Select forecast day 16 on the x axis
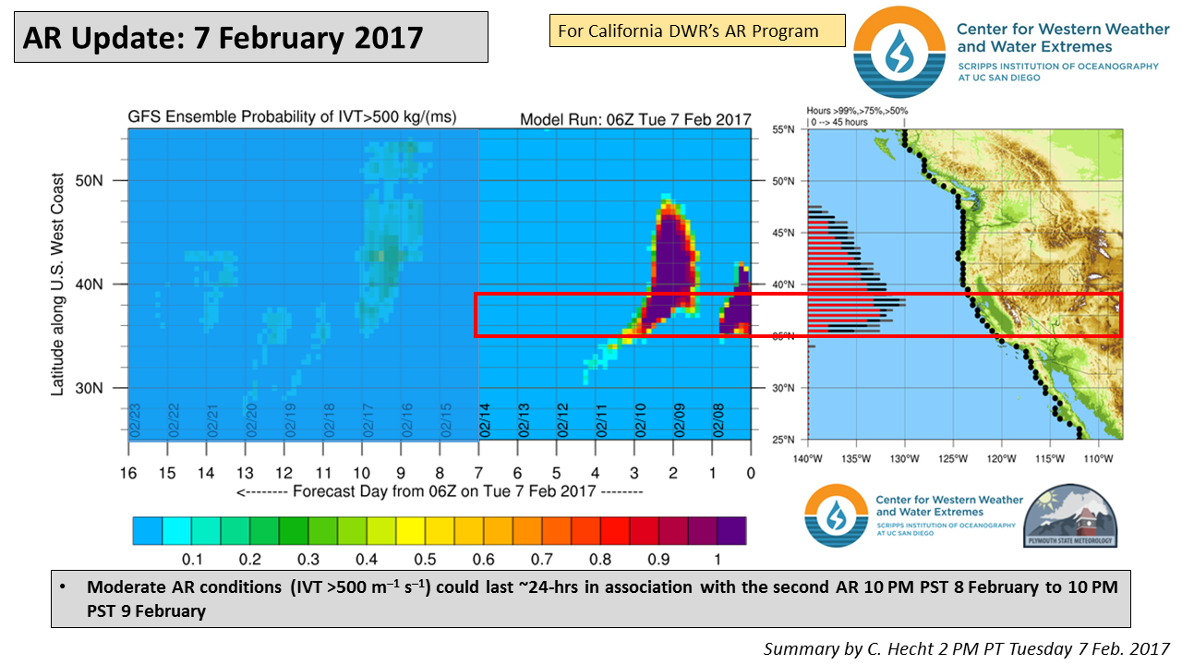pos(128,473)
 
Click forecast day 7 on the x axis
pos(478,473)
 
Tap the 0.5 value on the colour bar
pos(424,560)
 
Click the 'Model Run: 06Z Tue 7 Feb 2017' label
pos(635,119)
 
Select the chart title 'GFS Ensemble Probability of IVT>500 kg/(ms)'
pos(292,117)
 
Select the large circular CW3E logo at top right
pos(899,52)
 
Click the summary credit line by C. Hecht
pos(967,648)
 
